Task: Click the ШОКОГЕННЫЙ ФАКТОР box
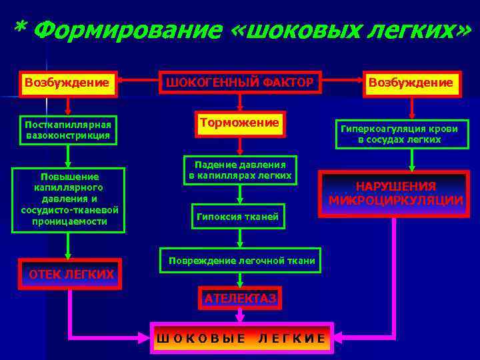coord(239,83)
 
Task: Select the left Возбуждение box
coord(67,83)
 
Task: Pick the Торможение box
coord(240,123)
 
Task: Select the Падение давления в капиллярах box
coord(240,170)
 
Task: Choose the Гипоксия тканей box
coord(237,216)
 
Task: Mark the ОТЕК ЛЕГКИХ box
coord(70,274)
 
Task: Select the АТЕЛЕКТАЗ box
coord(240,299)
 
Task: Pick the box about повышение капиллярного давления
coord(69,199)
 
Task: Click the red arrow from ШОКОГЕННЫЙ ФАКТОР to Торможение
coord(240,102)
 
